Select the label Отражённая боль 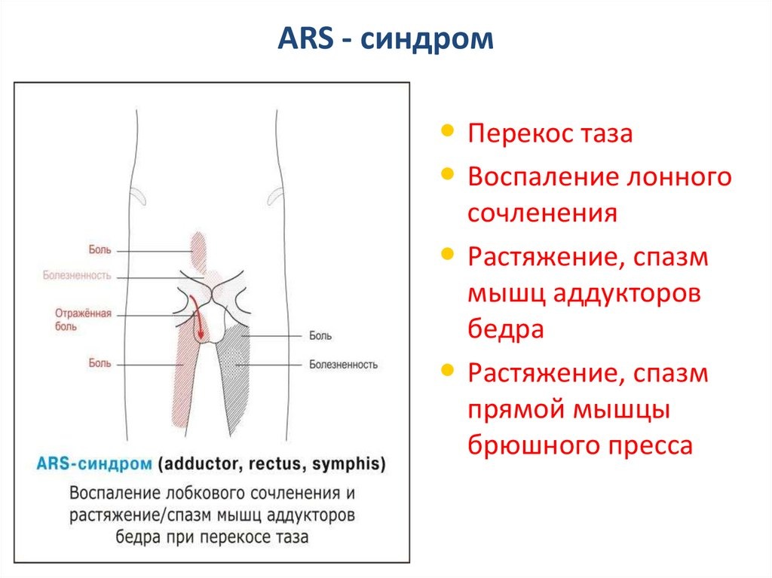click(x=84, y=319)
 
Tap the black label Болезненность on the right click(x=342, y=365)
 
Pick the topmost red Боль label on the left click(x=100, y=249)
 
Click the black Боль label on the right click(x=320, y=336)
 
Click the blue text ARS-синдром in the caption click(x=94, y=464)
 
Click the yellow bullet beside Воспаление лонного click(x=448, y=174)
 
